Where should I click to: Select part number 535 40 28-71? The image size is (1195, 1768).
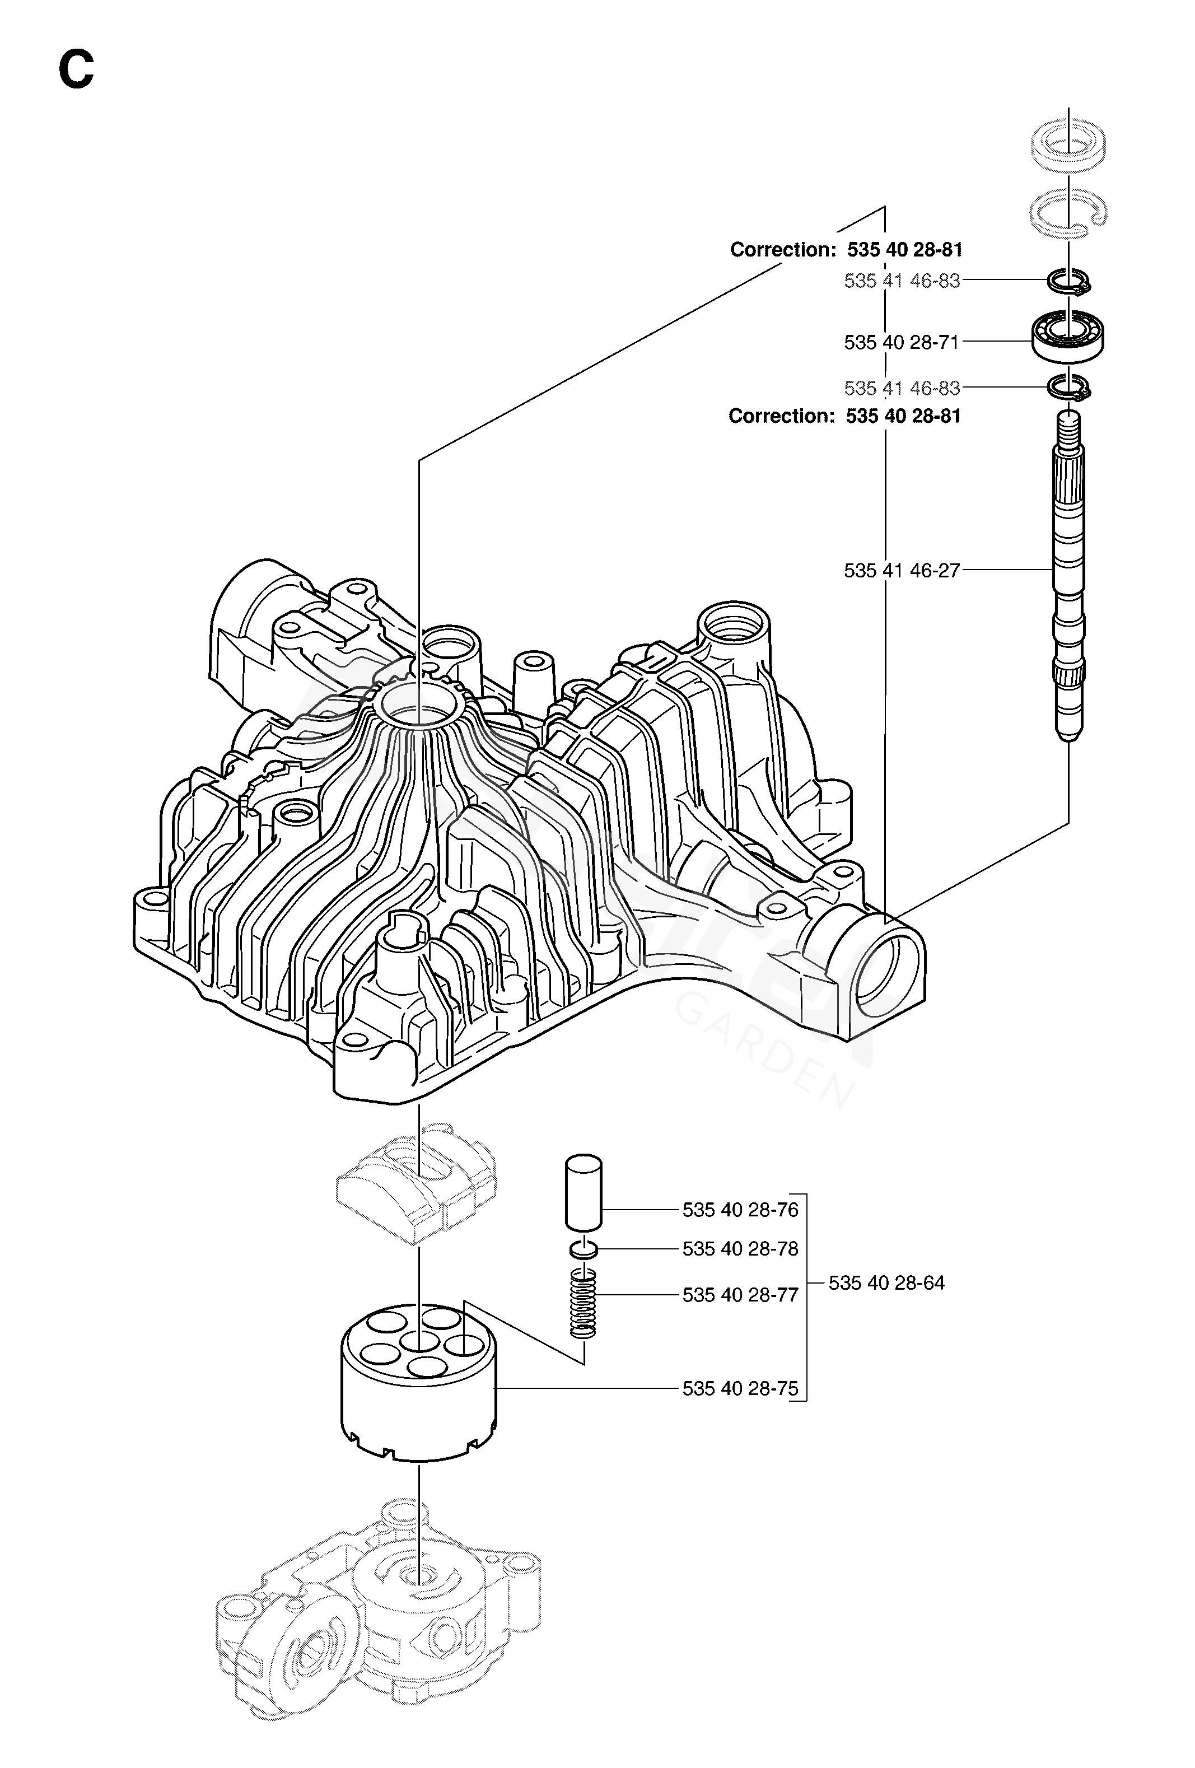[902, 342]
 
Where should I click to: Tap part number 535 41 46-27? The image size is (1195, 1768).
[902, 571]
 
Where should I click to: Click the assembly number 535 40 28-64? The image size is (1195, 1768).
[886, 1282]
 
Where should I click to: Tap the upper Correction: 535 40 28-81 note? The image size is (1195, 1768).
[847, 250]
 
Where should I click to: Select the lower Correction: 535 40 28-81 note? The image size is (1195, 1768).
[845, 416]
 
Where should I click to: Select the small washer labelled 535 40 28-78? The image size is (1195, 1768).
[584, 1249]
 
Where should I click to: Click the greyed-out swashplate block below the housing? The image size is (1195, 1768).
[417, 1184]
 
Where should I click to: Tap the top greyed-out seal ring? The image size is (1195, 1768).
[1068, 142]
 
